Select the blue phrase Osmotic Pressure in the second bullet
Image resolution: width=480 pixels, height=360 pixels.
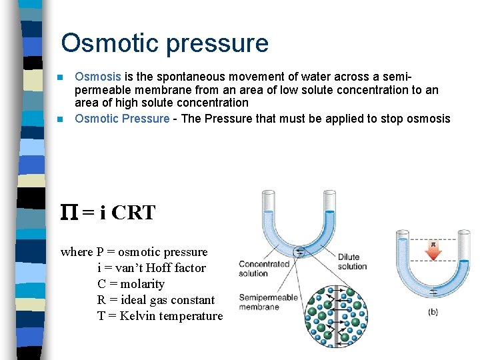[122, 119]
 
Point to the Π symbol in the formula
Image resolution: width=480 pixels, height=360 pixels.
[69, 213]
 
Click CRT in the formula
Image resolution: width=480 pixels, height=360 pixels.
[133, 213]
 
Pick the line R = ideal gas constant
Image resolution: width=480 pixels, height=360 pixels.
[155, 300]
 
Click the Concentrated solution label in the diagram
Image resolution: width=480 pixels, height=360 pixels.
[264, 269]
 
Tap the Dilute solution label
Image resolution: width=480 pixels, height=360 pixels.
[352, 261]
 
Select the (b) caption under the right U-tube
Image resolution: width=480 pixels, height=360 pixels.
[433, 312]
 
